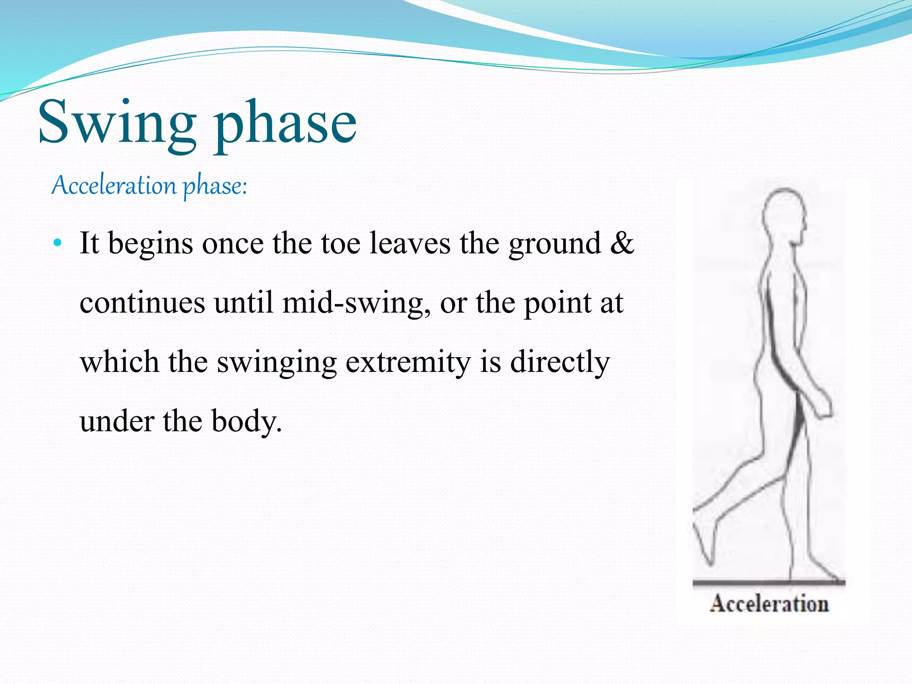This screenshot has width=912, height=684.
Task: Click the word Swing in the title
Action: click(x=117, y=122)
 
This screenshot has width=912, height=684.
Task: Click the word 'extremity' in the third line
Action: click(x=408, y=362)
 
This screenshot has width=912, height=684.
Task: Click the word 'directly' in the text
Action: click(x=560, y=362)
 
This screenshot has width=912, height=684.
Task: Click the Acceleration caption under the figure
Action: click(x=769, y=604)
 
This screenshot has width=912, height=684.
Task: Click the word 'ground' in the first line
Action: click(x=554, y=244)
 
